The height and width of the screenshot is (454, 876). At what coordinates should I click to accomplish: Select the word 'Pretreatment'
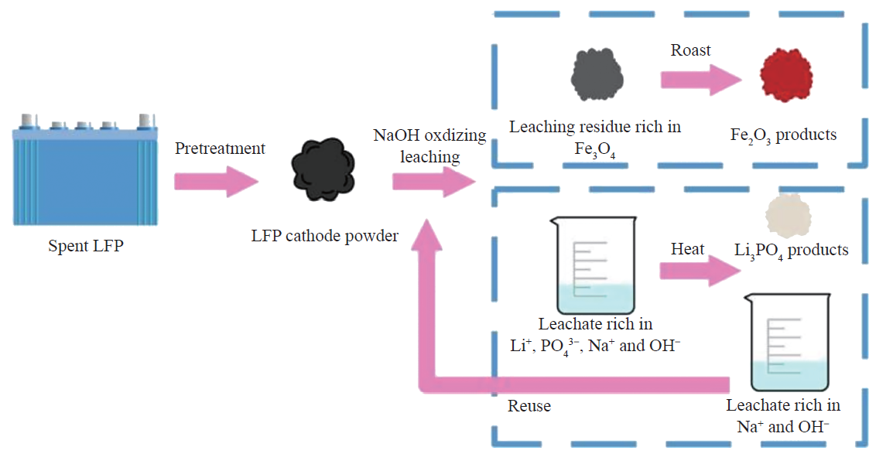click(x=220, y=148)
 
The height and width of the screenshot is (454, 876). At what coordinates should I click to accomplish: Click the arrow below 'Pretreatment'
click(x=216, y=183)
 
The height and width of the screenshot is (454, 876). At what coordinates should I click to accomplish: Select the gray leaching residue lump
click(x=595, y=78)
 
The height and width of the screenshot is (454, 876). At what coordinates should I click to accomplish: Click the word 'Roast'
click(x=690, y=50)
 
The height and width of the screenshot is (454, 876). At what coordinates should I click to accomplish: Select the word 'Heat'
click(x=687, y=248)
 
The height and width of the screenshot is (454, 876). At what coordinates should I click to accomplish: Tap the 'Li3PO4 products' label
click(x=791, y=250)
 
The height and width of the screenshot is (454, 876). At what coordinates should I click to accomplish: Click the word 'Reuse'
click(x=529, y=405)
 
